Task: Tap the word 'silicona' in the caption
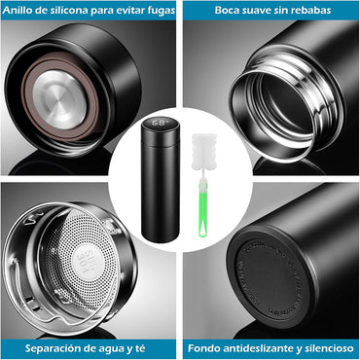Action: [x=70, y=11]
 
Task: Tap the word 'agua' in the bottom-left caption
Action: [x=115, y=348]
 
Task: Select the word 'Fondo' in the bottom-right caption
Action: [x=208, y=348]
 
